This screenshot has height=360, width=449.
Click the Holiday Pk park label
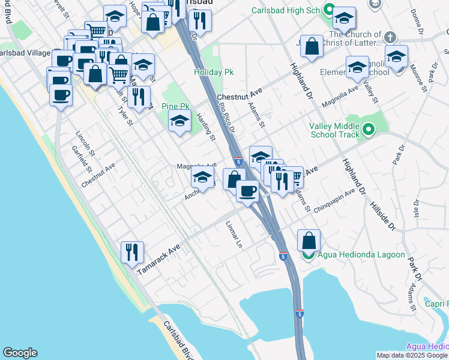click(x=213, y=72)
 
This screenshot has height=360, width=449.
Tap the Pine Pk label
click(x=176, y=106)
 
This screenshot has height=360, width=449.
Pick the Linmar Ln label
click(x=234, y=235)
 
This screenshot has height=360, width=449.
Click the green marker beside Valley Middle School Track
click(x=369, y=128)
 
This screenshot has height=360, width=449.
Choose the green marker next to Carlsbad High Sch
click(x=328, y=9)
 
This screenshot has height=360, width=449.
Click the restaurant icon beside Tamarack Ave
click(x=132, y=252)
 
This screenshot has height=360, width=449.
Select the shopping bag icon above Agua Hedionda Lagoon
click(x=309, y=240)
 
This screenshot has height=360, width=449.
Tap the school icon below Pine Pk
click(x=179, y=121)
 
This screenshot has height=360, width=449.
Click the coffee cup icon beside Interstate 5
click(x=247, y=191)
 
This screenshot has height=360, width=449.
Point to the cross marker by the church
click(x=390, y=37)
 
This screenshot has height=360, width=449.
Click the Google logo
click(x=20, y=353)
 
